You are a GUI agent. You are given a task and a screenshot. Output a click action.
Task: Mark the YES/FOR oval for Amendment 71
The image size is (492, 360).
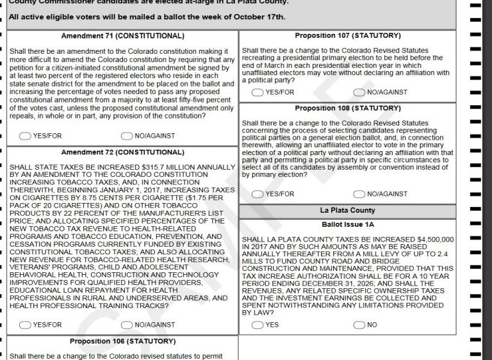(x=26, y=136)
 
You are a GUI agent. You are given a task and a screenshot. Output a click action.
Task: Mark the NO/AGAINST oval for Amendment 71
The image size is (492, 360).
(x=126, y=136)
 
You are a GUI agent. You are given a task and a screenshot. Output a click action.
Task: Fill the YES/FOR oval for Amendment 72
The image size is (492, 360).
(x=26, y=325)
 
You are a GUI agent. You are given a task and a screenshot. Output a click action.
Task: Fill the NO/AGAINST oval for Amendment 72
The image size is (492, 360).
(x=126, y=325)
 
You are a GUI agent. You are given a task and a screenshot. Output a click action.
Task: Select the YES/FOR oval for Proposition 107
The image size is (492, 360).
(x=258, y=92)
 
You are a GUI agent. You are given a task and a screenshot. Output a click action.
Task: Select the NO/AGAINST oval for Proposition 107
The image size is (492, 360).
(x=359, y=92)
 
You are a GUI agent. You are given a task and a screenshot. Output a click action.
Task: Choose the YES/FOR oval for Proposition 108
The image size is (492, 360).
(x=258, y=194)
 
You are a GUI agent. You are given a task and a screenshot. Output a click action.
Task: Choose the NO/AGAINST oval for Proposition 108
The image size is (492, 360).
(x=359, y=194)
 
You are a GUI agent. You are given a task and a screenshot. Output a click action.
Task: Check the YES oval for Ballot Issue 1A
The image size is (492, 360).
(x=258, y=325)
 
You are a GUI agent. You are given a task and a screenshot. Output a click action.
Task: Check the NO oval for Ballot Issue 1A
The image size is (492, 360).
(x=359, y=325)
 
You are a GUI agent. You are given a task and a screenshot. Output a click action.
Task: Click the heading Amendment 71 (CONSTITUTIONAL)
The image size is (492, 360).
(x=122, y=36)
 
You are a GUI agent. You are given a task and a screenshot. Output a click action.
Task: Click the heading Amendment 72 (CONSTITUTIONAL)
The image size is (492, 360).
(x=122, y=152)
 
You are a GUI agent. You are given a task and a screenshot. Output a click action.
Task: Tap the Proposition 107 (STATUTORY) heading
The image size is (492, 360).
(x=348, y=35)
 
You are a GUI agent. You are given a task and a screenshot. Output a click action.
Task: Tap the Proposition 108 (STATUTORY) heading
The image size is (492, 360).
(x=348, y=108)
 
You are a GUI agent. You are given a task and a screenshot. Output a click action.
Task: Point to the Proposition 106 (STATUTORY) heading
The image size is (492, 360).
(x=122, y=341)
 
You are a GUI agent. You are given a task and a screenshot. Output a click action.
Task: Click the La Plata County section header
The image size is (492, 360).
(x=348, y=211)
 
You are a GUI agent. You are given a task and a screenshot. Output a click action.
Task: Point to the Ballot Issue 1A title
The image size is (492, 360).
(x=348, y=225)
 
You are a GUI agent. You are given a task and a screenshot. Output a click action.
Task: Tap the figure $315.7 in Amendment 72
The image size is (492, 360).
(x=143, y=167)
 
